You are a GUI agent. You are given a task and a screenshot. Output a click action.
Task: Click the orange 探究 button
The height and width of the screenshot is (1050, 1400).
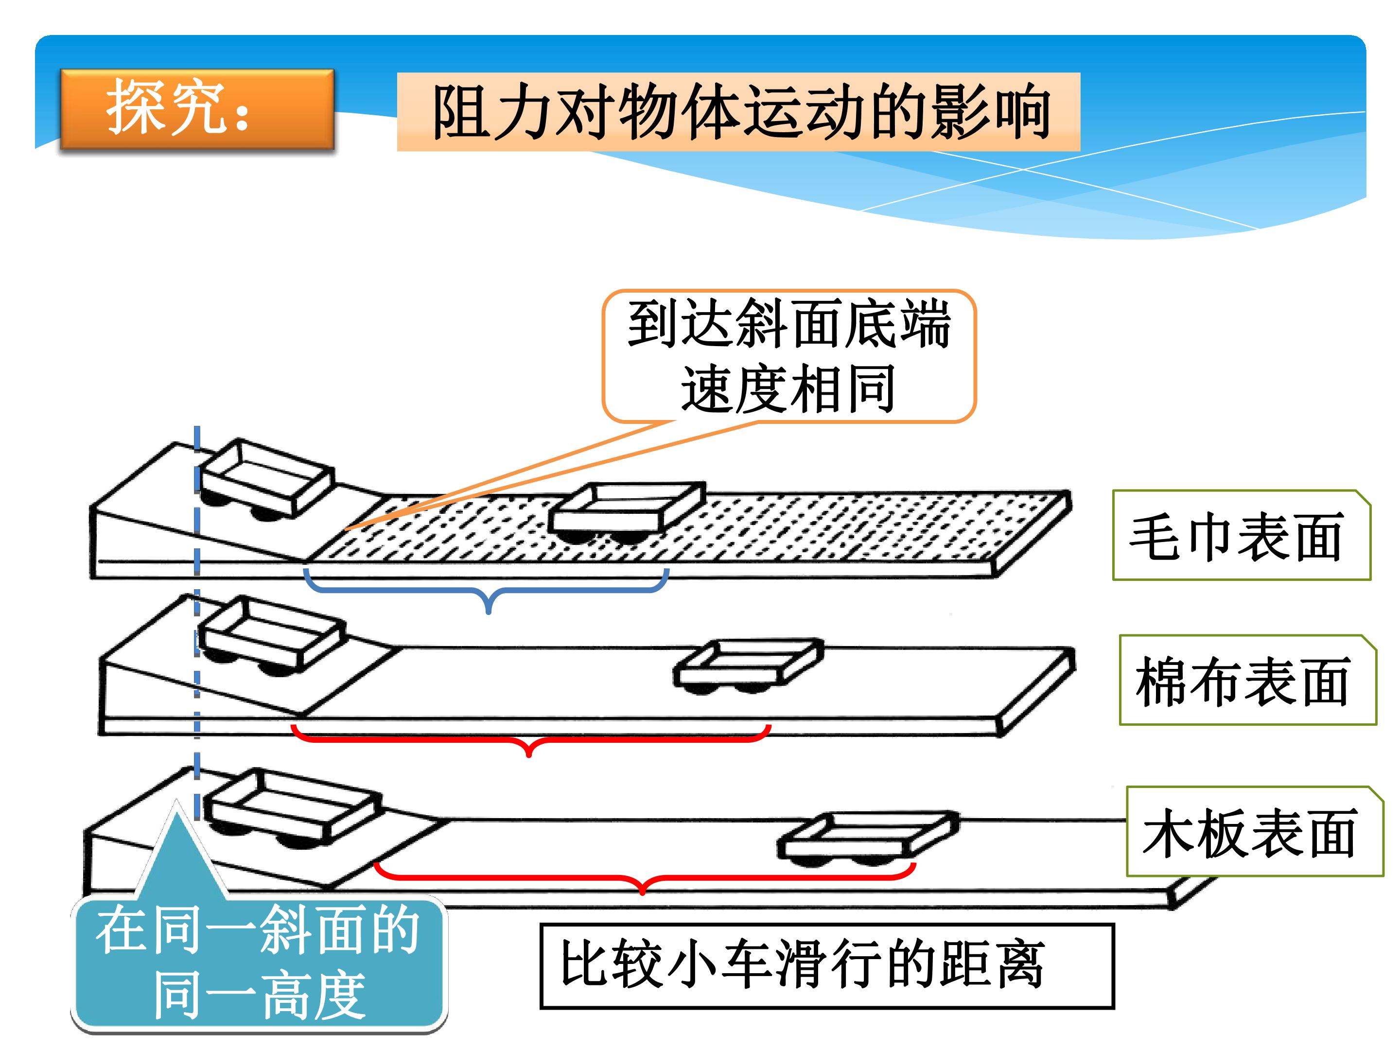(197, 109)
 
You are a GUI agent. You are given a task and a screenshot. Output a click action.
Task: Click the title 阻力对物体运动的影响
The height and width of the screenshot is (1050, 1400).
(738, 112)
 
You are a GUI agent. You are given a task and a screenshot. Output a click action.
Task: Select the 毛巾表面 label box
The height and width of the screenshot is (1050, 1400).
(1242, 535)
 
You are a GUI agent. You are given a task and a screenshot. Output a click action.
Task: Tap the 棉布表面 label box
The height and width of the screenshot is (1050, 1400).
(1248, 680)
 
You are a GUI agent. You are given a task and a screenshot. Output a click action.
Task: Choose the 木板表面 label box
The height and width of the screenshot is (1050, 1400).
(1255, 831)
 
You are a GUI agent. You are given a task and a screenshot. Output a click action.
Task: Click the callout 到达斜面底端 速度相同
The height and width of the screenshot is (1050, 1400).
(788, 356)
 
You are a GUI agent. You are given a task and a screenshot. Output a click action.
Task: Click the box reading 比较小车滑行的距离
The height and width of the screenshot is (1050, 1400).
(826, 966)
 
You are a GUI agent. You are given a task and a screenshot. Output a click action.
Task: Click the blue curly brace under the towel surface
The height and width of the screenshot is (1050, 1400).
(488, 592)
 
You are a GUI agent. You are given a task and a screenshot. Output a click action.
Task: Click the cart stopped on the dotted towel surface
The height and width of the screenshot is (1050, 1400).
(627, 513)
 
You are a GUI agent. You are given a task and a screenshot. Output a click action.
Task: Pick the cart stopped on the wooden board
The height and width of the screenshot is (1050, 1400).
(867, 839)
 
